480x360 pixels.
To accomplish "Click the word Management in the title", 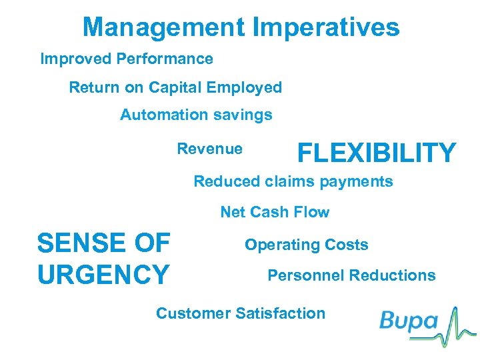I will pyautogui.click(x=164, y=28).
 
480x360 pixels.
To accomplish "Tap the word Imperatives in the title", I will pyautogui.click(x=327, y=28).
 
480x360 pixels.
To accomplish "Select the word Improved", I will pyautogui.click(x=75, y=59).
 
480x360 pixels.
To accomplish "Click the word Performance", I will pyautogui.click(x=165, y=59).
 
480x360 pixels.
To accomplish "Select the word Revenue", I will pyautogui.click(x=209, y=149).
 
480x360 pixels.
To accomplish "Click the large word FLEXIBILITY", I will pyautogui.click(x=377, y=153).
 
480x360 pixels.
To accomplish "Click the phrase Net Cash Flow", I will pyautogui.click(x=275, y=213).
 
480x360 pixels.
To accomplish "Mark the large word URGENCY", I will pyautogui.click(x=103, y=274).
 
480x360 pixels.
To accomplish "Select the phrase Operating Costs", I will pyautogui.click(x=306, y=245).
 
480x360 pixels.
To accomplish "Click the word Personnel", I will pyautogui.click(x=305, y=275).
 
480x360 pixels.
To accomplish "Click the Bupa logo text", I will pyautogui.click(x=408, y=323).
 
